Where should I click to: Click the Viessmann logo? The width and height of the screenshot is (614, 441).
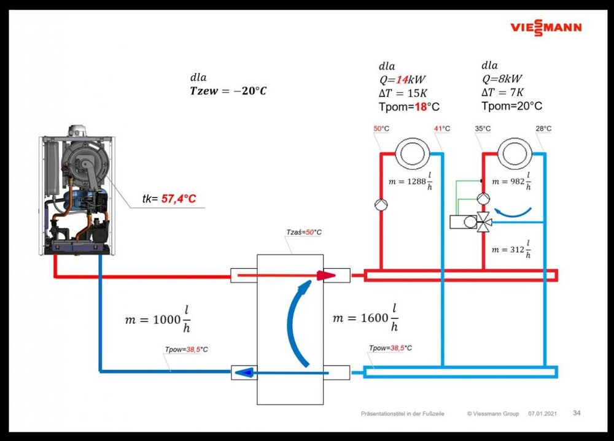pyautogui.click(x=546, y=28)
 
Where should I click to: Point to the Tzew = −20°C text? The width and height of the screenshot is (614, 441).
pyautogui.click(x=228, y=91)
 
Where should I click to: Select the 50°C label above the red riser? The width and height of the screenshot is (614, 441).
pyautogui.click(x=381, y=129)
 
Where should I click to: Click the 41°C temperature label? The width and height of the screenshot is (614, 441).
pyautogui.click(x=442, y=129)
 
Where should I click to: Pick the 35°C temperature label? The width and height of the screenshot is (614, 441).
pyautogui.click(x=483, y=129)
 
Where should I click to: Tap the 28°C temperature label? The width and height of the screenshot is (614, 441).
pyautogui.click(x=543, y=129)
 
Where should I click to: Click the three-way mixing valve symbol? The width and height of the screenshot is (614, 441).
pyautogui.click(x=484, y=221)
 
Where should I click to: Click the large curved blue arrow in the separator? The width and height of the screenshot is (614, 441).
pyautogui.click(x=298, y=322)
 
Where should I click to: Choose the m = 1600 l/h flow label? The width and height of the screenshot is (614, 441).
pyautogui.click(x=365, y=318)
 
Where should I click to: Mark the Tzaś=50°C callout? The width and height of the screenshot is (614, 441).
pyautogui.click(x=304, y=232)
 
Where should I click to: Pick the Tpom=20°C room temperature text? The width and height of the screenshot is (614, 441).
pyautogui.click(x=511, y=106)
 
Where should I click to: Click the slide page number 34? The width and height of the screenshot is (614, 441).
pyautogui.click(x=577, y=413)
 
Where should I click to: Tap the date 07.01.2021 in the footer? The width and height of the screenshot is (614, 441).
pyautogui.click(x=542, y=414)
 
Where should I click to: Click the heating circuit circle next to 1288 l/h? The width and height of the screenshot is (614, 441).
pyautogui.click(x=410, y=153)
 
